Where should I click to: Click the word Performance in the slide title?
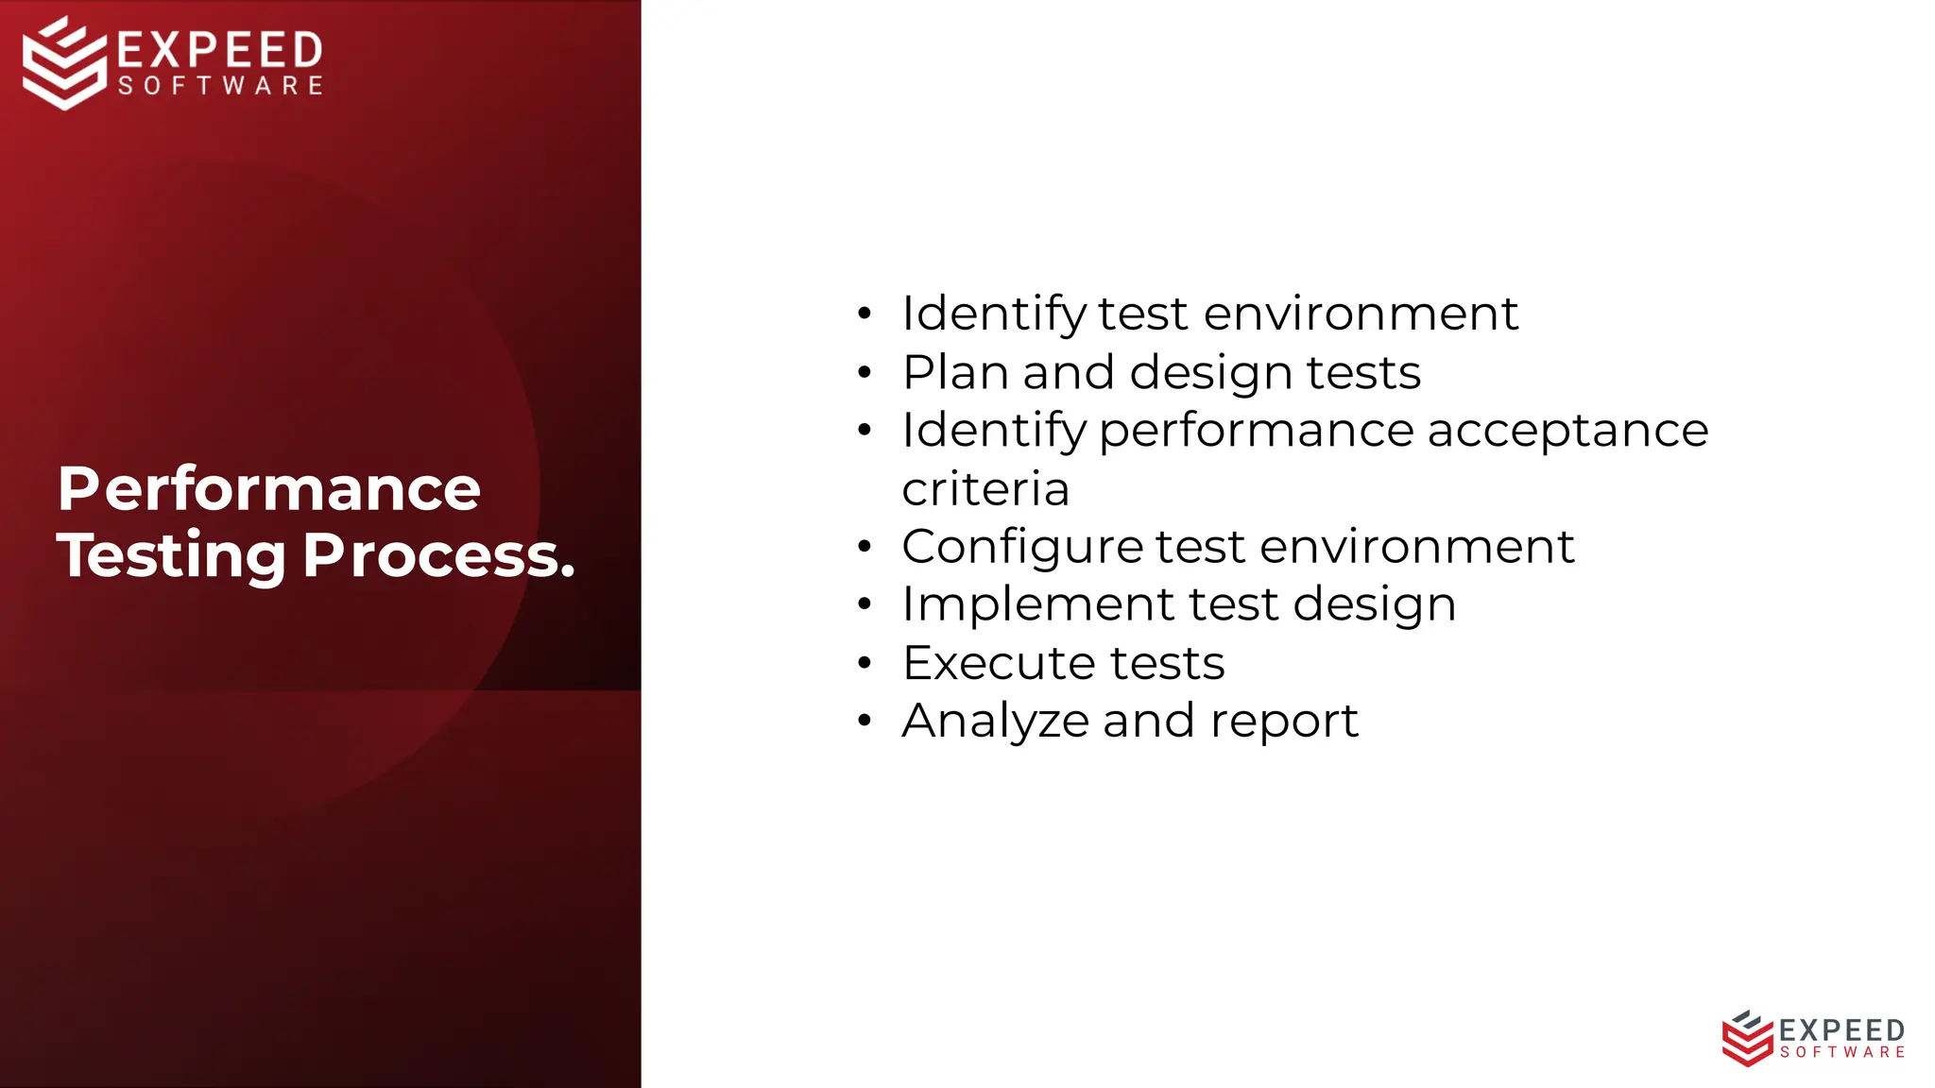269,489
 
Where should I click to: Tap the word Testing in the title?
171,555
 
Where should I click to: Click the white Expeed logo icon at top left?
64,62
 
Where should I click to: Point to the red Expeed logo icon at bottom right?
1746,1038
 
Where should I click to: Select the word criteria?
985,489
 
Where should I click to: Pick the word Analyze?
996,722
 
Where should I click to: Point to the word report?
1284,722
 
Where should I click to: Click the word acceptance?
1567,431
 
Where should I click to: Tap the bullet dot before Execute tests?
864,663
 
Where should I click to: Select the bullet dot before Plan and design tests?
864,372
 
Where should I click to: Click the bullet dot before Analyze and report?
864,722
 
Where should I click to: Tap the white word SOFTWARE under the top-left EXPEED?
221,86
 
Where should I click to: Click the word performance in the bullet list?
1256,431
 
